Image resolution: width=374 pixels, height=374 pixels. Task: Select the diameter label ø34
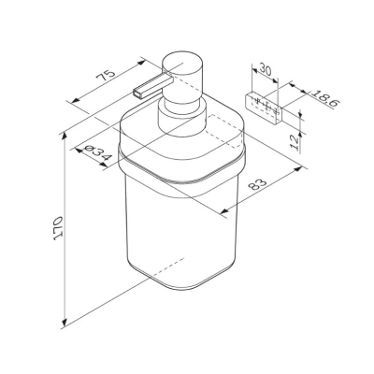click(97, 152)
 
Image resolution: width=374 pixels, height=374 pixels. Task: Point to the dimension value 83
click(258, 185)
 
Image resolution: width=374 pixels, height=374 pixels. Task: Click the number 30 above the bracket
click(265, 69)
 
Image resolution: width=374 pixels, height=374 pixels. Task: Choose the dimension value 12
click(295, 142)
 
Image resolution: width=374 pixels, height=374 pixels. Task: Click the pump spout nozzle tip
click(137, 93)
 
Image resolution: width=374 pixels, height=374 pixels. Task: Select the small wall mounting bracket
click(264, 108)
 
